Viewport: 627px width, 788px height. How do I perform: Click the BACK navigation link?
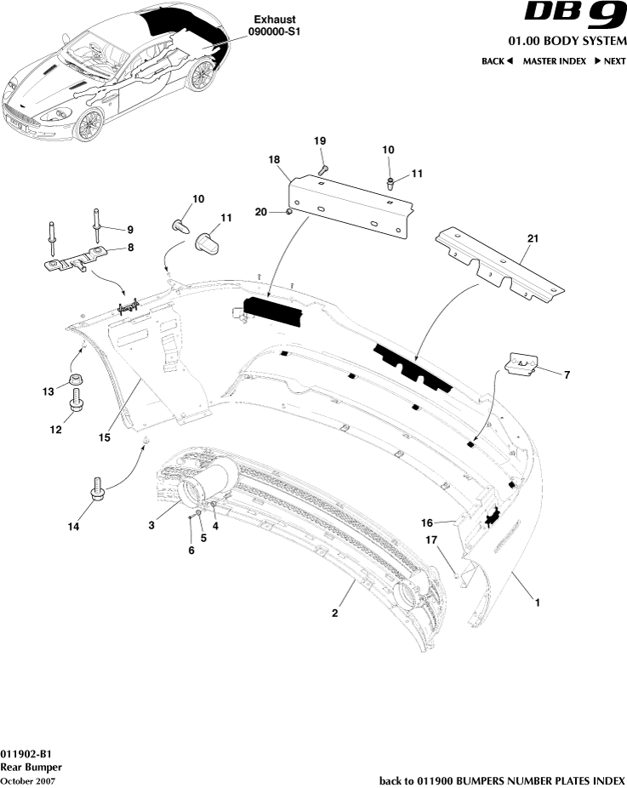point(497,61)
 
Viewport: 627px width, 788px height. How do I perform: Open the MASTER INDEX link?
point(554,61)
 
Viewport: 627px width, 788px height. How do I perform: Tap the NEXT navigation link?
point(610,61)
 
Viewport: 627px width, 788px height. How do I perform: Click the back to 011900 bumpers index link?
point(502,780)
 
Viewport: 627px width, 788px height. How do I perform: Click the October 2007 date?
point(28,780)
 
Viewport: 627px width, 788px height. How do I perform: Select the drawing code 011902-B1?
point(26,754)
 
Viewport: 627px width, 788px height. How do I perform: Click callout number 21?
point(533,241)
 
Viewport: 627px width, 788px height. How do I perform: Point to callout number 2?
point(335,613)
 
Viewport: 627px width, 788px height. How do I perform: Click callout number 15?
point(104,438)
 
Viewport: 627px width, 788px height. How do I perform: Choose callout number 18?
point(274,160)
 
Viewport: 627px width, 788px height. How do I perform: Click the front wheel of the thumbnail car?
point(88,125)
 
